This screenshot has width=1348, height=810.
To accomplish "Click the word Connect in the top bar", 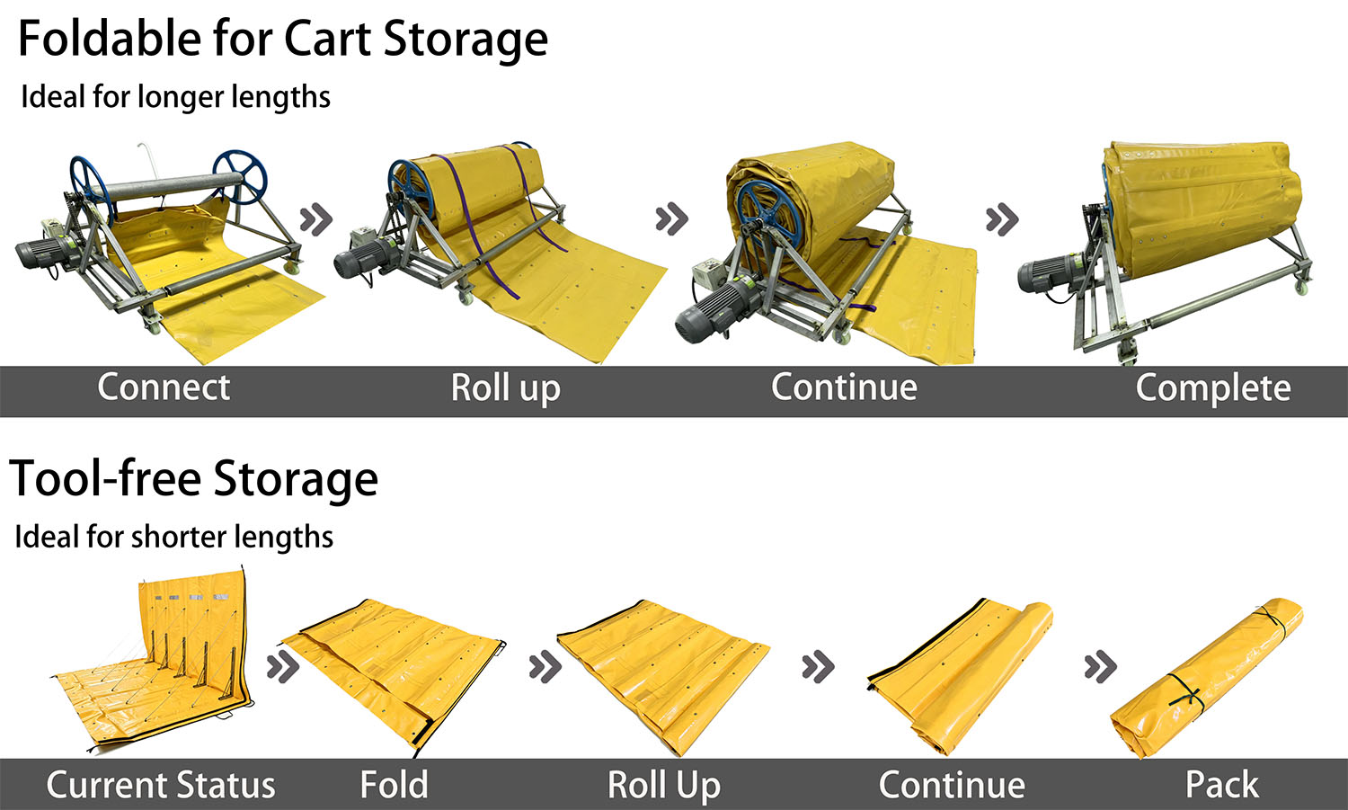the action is (164, 387).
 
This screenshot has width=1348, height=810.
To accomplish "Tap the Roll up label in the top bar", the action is (505, 388).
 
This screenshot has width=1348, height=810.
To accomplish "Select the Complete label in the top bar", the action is (1213, 388).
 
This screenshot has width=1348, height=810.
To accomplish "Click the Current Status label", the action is (161, 785).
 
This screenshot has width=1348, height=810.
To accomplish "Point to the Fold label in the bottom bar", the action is (395, 784).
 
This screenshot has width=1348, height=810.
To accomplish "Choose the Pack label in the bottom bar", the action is (1222, 784).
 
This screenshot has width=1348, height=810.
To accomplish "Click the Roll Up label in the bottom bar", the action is (664, 786).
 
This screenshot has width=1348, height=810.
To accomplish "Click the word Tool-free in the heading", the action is (105, 479).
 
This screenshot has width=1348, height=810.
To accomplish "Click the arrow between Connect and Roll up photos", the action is (316, 219).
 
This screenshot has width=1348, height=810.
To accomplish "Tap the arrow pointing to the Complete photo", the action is (1002, 219).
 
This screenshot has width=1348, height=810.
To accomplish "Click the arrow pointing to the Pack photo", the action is (1101, 666).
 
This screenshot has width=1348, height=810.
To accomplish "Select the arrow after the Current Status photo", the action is (283, 666).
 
